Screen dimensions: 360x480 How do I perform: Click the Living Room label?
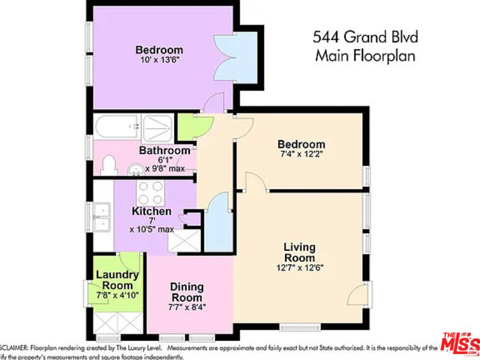click(299, 252)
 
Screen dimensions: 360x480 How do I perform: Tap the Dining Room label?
click(186, 292)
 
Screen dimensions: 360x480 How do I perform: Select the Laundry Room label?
click(117, 280)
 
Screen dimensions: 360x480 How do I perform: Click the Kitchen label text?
click(151, 211)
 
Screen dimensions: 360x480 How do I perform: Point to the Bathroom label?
click(164, 150)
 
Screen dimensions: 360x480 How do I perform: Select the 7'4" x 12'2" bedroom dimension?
click(301, 154)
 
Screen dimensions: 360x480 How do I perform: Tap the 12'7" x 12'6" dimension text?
click(299, 267)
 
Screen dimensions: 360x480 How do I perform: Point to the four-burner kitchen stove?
click(151, 191)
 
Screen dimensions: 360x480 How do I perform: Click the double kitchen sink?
click(102, 218)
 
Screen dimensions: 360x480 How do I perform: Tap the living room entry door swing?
click(358, 295)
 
